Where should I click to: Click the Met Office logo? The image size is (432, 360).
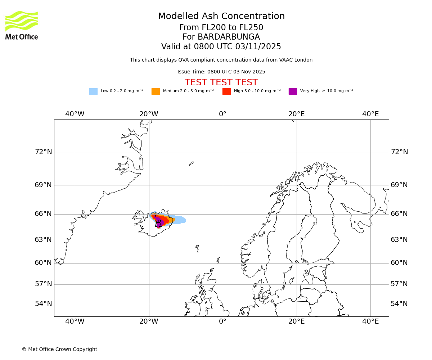22,25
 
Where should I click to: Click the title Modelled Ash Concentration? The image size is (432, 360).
221,16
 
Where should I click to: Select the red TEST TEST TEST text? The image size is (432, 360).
221,82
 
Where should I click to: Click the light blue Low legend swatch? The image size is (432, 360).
93,91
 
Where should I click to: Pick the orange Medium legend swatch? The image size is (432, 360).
156,91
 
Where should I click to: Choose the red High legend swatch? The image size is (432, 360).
226,91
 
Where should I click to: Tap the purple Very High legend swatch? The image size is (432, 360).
293,91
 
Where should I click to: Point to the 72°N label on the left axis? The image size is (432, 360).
43,152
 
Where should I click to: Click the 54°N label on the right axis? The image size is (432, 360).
399,304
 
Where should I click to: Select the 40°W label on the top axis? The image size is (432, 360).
75,114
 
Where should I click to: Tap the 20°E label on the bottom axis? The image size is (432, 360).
297,321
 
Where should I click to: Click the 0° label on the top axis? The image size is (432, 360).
223,114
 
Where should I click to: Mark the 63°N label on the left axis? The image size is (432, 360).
43,240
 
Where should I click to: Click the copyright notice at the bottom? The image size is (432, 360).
59,349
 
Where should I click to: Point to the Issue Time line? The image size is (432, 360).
221,72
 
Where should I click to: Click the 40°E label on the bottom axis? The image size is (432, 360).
370,321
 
